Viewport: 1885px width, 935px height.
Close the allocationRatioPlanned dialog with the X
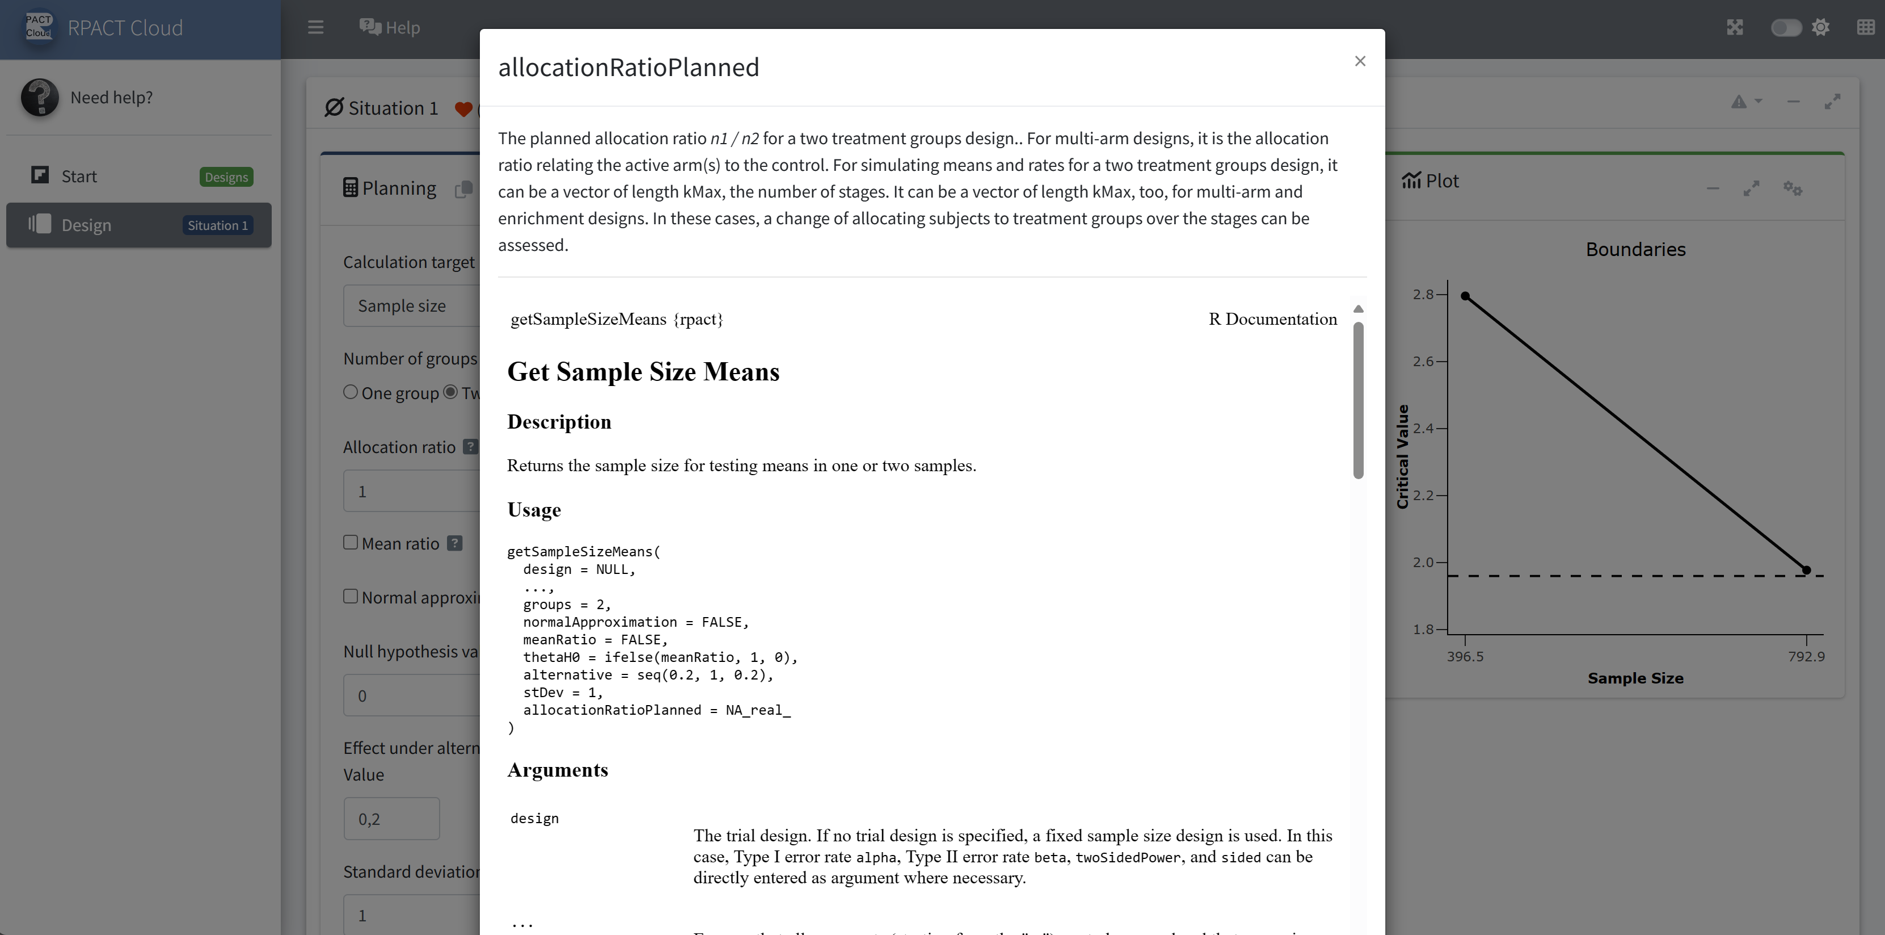click(x=1360, y=61)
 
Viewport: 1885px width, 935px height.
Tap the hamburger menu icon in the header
click(x=315, y=28)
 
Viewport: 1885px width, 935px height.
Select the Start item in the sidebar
click(x=79, y=177)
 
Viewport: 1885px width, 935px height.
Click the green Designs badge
click(x=226, y=177)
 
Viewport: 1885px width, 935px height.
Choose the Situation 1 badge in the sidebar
click(x=217, y=225)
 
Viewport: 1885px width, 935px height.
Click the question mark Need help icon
click(x=40, y=98)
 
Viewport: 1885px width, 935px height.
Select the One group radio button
click(x=351, y=392)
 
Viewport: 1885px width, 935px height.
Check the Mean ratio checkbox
click(x=351, y=543)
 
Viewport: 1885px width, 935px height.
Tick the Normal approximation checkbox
click(x=351, y=597)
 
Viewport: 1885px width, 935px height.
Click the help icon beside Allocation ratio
click(x=470, y=447)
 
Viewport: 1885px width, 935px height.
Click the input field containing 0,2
click(x=391, y=819)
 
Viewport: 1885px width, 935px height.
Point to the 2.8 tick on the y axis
click(x=1423, y=294)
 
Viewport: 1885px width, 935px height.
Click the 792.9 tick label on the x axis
click(x=1806, y=657)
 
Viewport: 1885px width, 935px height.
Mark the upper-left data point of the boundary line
click(x=1465, y=296)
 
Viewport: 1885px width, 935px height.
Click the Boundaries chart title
click(x=1635, y=250)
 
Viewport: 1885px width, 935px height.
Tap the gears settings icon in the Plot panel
click(x=1792, y=189)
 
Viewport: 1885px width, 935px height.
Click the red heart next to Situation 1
click(x=462, y=109)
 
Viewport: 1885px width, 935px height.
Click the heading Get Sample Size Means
click(x=643, y=372)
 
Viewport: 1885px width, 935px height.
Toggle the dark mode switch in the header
click(x=1786, y=28)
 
